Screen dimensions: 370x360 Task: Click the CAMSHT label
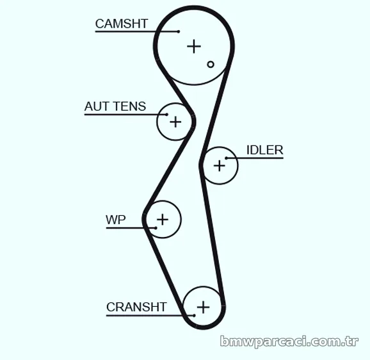pos(122,24)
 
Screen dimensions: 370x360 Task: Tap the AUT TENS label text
pos(115,106)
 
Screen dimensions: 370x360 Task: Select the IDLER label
pos(265,150)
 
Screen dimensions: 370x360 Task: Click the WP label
pos(116,220)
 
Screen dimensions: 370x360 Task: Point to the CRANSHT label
pos(136,307)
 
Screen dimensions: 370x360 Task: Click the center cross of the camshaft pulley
pos(194,46)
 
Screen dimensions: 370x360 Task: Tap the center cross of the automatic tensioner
pos(175,122)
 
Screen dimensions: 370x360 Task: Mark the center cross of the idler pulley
pos(220,165)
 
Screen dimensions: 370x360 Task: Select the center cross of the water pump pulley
pos(163,220)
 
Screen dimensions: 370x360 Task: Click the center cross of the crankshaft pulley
pos(203,307)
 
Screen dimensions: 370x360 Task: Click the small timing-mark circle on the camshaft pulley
pos(211,64)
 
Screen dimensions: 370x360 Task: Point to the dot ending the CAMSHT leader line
pos(179,31)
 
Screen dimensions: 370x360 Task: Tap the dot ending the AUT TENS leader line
pos(167,115)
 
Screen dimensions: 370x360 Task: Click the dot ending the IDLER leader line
pos(227,158)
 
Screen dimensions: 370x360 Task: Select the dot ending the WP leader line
pos(156,228)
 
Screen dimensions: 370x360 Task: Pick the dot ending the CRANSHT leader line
pos(194,315)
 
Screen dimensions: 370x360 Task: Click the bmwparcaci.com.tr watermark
pos(289,341)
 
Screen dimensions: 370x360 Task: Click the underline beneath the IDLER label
pos(255,158)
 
